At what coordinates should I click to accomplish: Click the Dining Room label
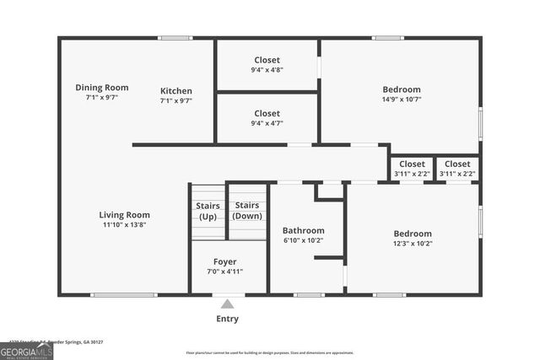pyautogui.click(x=101, y=87)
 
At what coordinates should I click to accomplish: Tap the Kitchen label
pyautogui.click(x=176, y=91)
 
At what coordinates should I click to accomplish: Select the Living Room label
pyautogui.click(x=124, y=214)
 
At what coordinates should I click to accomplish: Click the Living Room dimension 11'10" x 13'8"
pyautogui.click(x=124, y=225)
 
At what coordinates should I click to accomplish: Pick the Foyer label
pyautogui.click(x=224, y=261)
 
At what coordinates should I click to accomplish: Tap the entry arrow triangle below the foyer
pyautogui.click(x=227, y=304)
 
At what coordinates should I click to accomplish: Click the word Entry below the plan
pyautogui.click(x=227, y=319)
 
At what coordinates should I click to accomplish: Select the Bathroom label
pyautogui.click(x=303, y=230)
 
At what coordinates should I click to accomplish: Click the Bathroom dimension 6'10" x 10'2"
pyautogui.click(x=303, y=240)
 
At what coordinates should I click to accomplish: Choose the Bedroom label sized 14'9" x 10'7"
pyautogui.click(x=401, y=89)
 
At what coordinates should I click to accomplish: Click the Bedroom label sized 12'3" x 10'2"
pyautogui.click(x=413, y=234)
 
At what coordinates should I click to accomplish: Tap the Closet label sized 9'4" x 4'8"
pyautogui.click(x=267, y=60)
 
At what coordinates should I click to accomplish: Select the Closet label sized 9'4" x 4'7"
pyautogui.click(x=267, y=113)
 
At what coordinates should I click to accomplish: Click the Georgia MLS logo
pyautogui.click(x=26, y=351)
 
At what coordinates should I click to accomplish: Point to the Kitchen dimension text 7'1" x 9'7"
pyautogui.click(x=176, y=101)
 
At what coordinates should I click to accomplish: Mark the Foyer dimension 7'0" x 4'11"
pyautogui.click(x=224, y=271)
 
